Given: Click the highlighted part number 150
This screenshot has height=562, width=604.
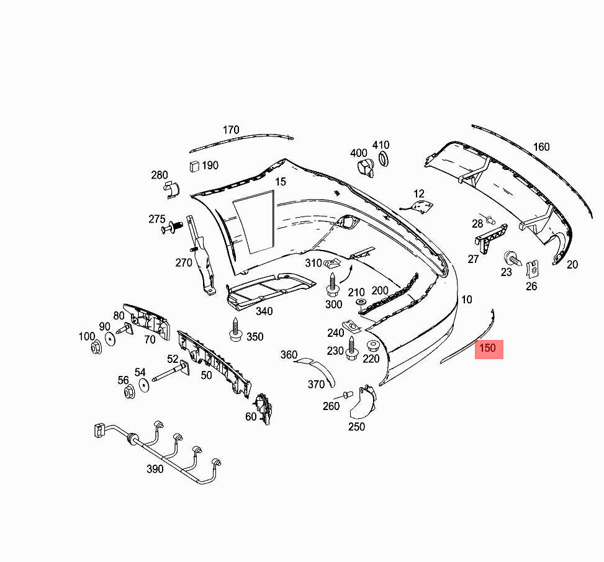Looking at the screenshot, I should coord(489,349).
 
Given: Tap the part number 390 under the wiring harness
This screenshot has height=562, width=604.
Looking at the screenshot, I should coord(155,469).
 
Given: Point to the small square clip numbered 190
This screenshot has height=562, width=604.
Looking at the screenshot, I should coord(194,166).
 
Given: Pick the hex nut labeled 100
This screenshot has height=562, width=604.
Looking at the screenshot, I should coord(96,347).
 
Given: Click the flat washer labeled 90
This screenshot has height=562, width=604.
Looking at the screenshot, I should coord(110,339).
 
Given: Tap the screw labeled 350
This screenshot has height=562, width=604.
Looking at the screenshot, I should coord(235,329).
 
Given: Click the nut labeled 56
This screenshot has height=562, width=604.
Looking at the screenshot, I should coord(129,392).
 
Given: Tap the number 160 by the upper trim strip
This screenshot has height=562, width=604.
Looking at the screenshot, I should coord(541,147).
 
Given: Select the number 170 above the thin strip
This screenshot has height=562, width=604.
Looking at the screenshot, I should coord(231,130).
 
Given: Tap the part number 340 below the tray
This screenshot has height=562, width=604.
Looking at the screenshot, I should coord(264,311).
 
